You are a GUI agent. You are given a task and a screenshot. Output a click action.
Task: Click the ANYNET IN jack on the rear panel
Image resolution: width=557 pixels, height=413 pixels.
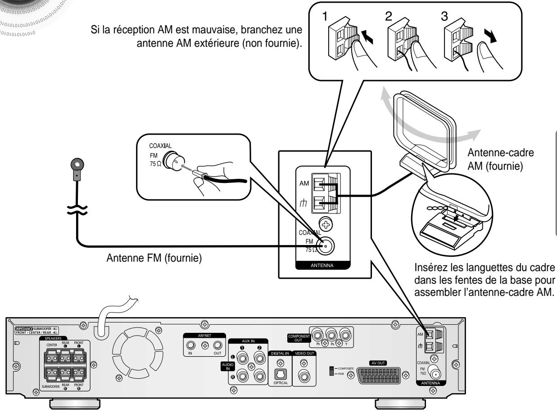click(x=191, y=346)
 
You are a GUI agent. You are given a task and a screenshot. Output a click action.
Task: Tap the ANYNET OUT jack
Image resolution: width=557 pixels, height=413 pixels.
click(x=218, y=346)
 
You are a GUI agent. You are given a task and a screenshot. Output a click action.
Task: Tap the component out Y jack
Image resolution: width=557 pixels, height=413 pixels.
click(x=346, y=336)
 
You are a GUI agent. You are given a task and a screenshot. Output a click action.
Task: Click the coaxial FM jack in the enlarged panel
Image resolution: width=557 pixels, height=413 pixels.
click(x=326, y=245)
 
